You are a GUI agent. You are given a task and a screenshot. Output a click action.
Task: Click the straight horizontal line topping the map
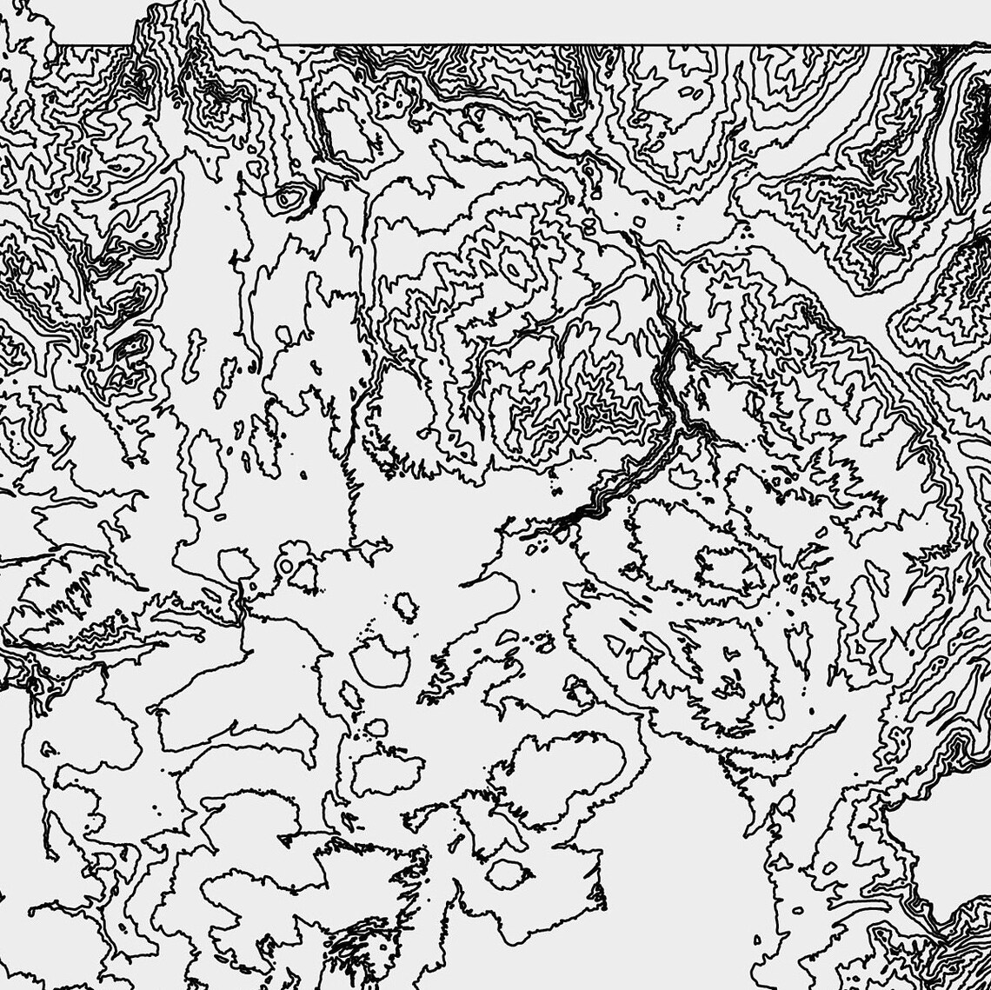(x=609, y=44)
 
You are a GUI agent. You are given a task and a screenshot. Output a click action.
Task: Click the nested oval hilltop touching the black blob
(x=287, y=199)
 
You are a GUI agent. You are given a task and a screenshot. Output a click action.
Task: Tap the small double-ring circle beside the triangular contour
(x=284, y=566)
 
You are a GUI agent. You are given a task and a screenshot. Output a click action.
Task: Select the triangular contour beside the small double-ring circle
(x=303, y=575)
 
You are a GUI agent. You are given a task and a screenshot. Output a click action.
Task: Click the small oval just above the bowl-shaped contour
(x=404, y=606)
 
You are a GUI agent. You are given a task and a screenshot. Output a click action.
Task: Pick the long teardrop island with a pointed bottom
(x=207, y=469)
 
